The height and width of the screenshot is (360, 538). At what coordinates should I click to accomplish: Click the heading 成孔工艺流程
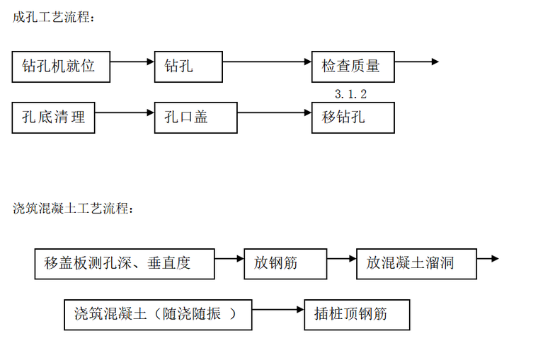[x=53, y=18]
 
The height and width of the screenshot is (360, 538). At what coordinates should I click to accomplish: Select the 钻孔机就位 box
[x=62, y=66]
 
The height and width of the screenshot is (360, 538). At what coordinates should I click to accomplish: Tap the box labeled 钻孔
[x=188, y=66]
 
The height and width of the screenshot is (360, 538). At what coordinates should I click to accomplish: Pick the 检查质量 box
[x=353, y=66]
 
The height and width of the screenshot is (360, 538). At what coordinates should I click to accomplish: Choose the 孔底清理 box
[x=53, y=117]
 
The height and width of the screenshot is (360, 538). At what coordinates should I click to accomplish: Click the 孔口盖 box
[x=188, y=117]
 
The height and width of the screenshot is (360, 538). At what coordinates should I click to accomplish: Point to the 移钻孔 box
[x=353, y=117]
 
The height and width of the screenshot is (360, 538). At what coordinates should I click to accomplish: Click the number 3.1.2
[x=350, y=93]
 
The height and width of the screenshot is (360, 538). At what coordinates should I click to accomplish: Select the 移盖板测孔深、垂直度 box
[x=124, y=263]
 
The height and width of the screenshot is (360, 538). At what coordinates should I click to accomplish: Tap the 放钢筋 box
[x=285, y=263]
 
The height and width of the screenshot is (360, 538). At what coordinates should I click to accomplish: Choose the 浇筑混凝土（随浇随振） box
[x=158, y=314]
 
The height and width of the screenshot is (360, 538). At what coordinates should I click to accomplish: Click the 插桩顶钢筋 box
[x=357, y=314]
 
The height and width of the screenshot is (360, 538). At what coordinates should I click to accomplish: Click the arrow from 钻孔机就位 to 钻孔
[x=132, y=62]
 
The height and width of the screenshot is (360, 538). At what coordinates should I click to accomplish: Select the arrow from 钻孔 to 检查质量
[x=267, y=62]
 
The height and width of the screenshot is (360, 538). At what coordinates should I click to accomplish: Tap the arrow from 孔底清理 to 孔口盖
[x=125, y=112]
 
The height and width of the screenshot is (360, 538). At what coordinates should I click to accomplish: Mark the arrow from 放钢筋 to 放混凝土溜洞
[x=342, y=259]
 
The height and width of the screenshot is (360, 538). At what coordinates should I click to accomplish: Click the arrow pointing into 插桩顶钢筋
[x=277, y=310]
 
